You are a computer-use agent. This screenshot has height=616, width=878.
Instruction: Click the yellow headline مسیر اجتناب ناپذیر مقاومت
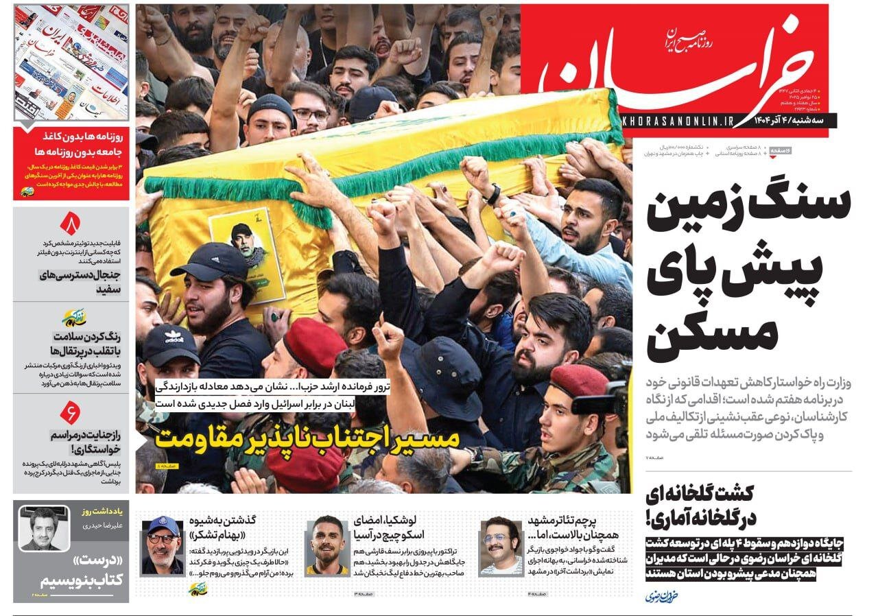(307, 438)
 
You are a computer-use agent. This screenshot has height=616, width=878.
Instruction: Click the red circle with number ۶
(71, 412)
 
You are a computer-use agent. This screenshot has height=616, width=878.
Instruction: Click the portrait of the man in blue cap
(163, 545)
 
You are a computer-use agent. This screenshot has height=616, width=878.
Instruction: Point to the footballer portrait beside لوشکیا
(327, 545)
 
